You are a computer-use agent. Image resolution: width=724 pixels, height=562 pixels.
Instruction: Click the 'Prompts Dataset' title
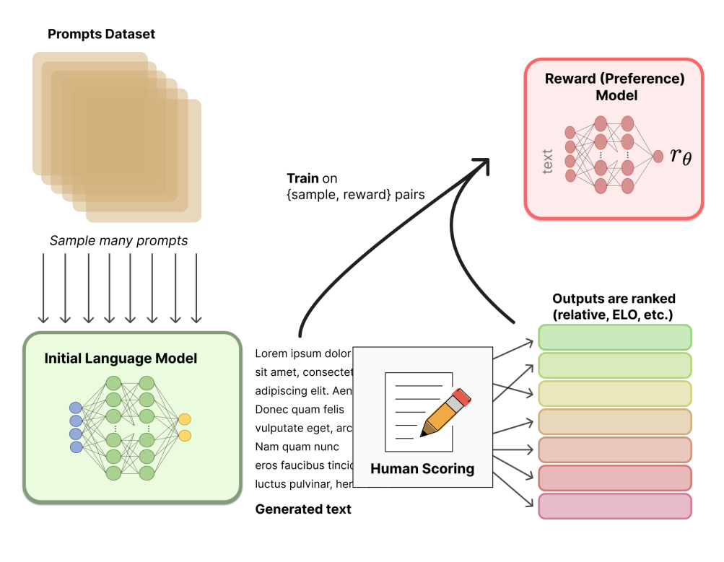pos(101,34)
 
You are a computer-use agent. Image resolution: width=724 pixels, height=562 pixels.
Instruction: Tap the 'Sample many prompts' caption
pos(118,241)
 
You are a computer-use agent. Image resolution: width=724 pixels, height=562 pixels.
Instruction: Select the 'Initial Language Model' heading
pos(121,358)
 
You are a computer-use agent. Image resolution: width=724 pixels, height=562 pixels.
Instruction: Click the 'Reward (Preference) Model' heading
pos(614,87)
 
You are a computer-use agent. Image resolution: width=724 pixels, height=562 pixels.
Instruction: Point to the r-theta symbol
pos(680,154)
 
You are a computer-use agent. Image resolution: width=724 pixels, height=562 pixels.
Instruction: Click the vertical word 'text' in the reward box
pos(547,161)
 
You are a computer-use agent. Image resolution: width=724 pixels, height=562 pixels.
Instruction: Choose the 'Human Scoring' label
pos(422,469)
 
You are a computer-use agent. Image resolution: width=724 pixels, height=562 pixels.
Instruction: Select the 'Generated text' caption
pos(303,509)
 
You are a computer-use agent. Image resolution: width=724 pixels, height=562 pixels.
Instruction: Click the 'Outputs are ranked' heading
pos(613,298)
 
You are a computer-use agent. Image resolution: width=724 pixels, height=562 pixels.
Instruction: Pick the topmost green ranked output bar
pos(615,338)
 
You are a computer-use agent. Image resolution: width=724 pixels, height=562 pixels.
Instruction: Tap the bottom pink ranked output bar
pos(615,506)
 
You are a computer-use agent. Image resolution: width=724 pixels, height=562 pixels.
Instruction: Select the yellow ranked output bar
pos(615,394)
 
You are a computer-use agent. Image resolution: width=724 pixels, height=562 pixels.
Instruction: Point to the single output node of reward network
pos(658,155)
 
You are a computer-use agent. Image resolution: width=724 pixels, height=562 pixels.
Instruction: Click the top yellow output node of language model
pos(185,419)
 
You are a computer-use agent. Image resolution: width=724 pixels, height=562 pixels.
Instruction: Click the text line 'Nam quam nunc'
pos(297,447)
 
